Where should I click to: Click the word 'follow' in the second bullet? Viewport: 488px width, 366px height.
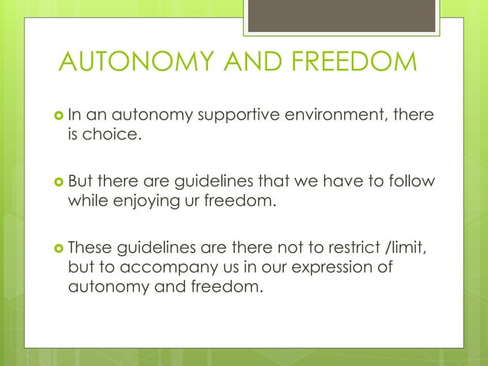pos(412,181)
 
